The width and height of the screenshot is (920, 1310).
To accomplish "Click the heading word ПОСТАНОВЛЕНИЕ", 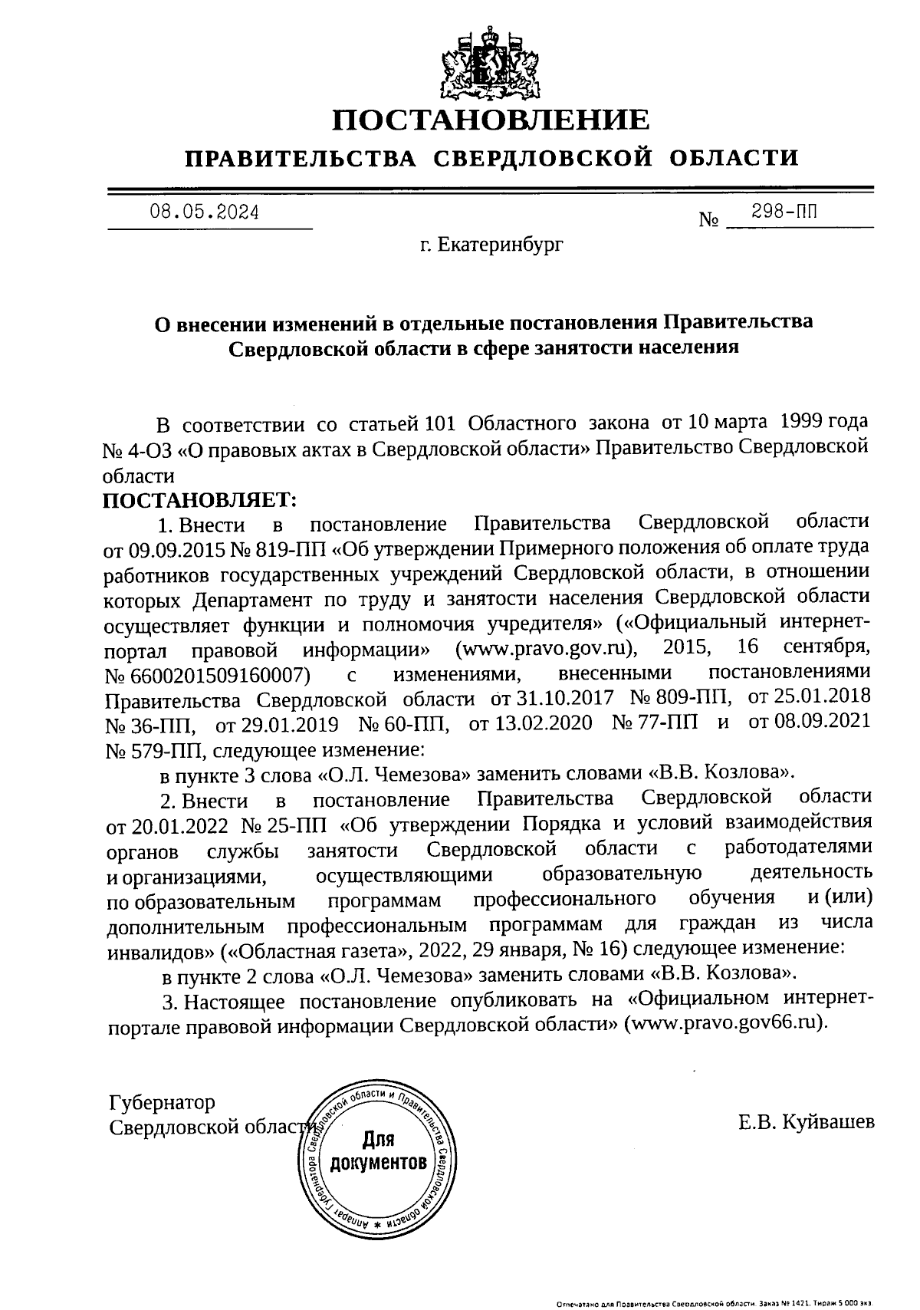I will (490, 120).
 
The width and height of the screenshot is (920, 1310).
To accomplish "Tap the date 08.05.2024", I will (204, 212).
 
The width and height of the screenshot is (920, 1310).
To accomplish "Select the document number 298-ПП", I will (784, 212).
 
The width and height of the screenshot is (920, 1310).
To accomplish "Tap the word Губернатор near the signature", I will (163, 1102).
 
